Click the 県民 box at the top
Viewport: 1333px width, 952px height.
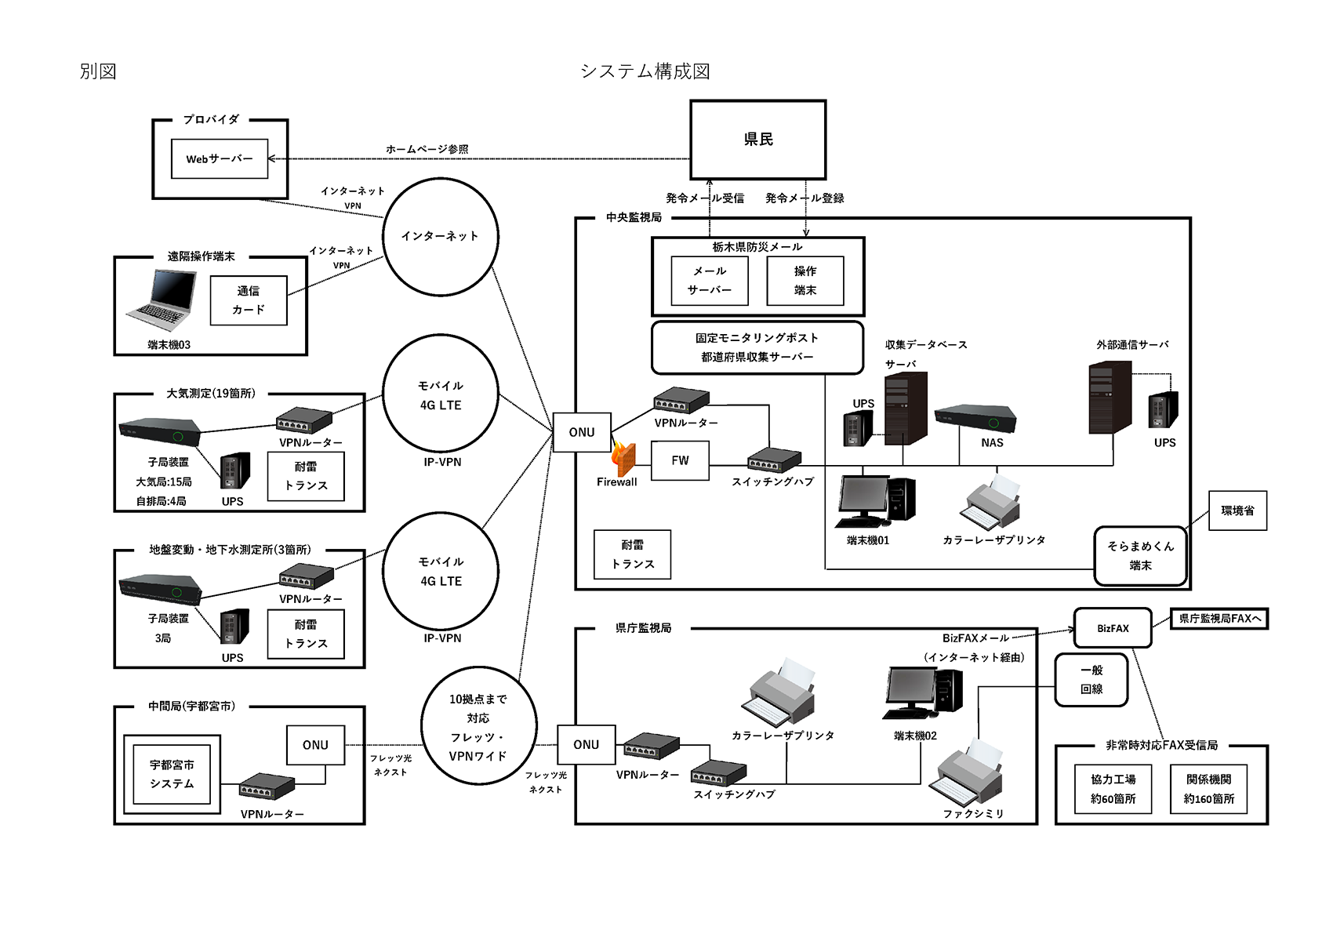click(x=757, y=140)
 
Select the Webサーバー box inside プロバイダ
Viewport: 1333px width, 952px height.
click(x=220, y=158)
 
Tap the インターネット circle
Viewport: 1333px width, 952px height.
click(x=440, y=236)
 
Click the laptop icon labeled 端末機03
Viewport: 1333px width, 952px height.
click(x=162, y=300)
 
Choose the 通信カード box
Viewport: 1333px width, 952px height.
click(x=249, y=300)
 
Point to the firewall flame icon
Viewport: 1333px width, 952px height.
click(x=623, y=459)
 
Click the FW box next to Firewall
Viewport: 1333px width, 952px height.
click(x=680, y=460)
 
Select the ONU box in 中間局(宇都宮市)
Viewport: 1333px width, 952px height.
click(x=315, y=745)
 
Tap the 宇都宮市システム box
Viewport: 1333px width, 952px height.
click(x=172, y=774)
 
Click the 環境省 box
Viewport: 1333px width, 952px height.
click(x=1237, y=511)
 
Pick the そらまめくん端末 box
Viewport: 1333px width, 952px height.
click(x=1140, y=555)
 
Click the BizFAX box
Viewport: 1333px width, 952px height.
click(x=1113, y=628)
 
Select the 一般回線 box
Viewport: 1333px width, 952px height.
click(x=1091, y=680)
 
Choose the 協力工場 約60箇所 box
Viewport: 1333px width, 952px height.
click(x=1113, y=789)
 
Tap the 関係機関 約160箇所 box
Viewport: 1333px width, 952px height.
click(x=1208, y=789)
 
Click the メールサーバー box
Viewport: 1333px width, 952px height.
click(x=710, y=281)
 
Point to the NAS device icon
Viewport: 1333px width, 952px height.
click(x=975, y=417)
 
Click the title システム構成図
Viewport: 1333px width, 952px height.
click(x=645, y=71)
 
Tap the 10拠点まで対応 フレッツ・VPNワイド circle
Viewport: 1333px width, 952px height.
click(x=478, y=727)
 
